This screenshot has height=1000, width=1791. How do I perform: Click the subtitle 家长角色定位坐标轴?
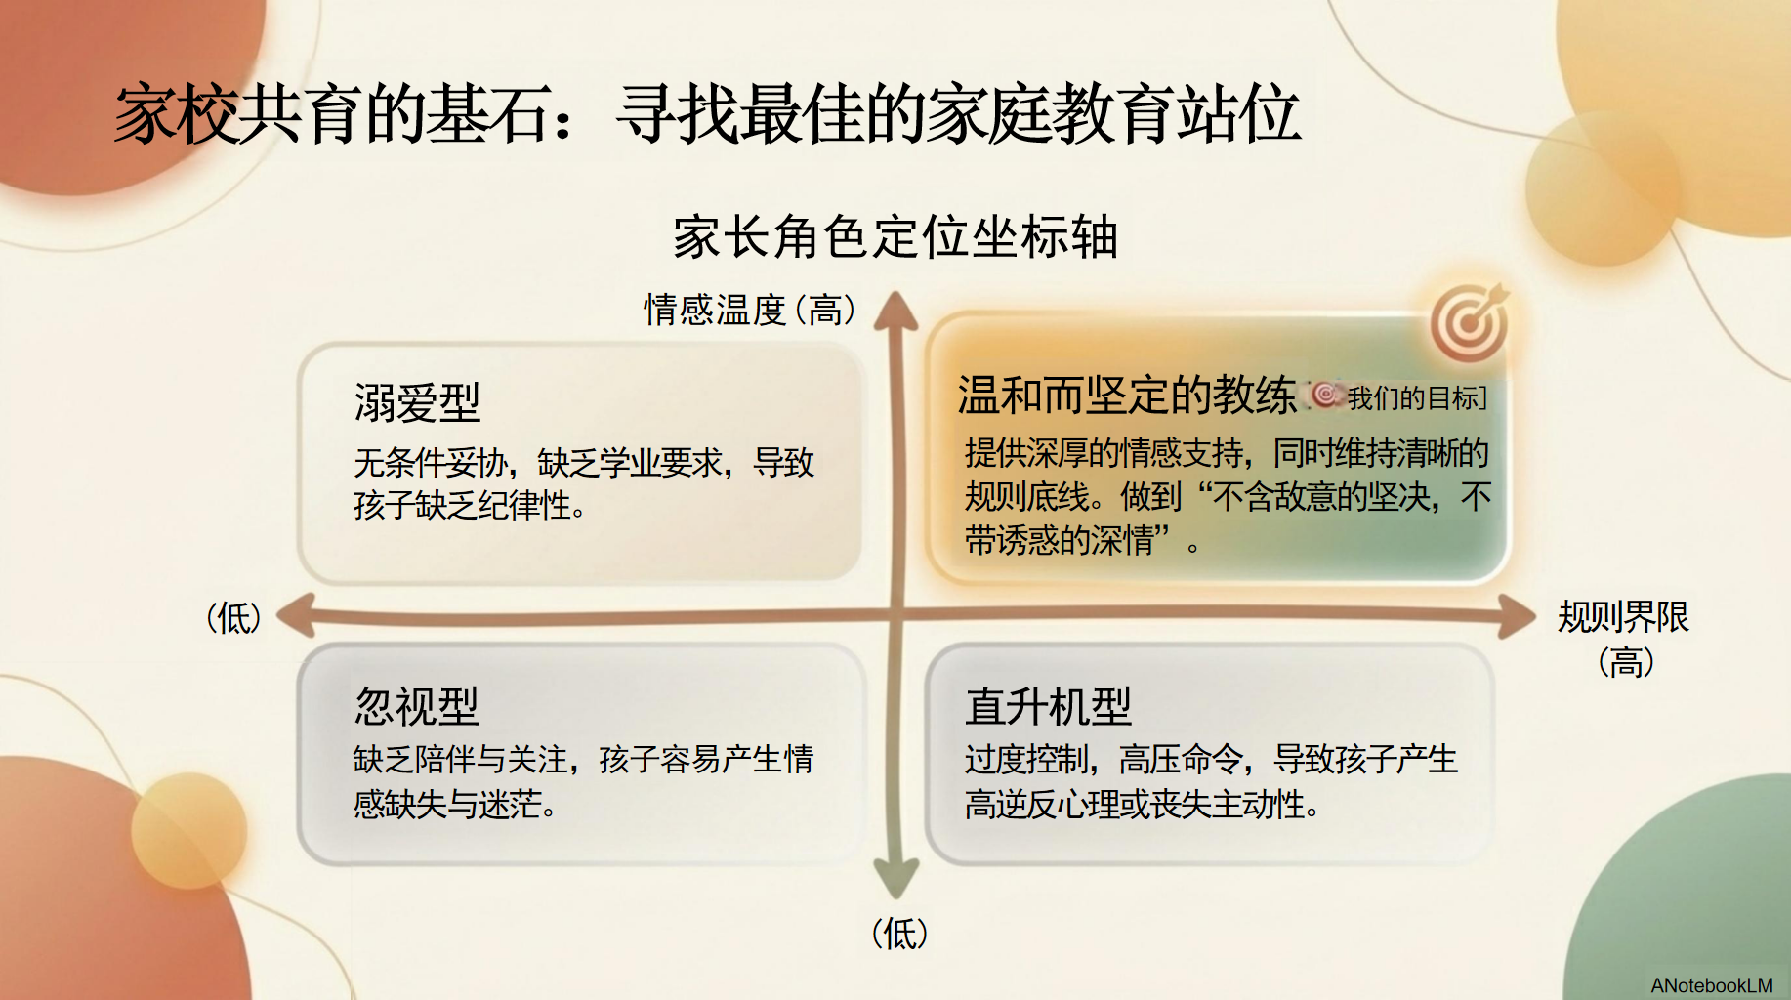(x=895, y=237)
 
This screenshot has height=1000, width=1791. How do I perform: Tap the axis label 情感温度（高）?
(x=750, y=310)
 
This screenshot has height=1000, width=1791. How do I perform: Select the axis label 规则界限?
(x=1623, y=617)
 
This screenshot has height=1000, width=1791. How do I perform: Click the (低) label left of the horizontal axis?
(x=234, y=618)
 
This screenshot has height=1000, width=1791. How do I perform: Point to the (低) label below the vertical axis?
(x=899, y=934)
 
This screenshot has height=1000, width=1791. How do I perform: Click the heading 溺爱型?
(x=417, y=402)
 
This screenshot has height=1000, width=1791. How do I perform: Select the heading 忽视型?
(x=417, y=706)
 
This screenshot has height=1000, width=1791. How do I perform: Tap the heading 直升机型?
(x=1048, y=706)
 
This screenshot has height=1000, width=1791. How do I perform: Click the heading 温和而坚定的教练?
(x=1127, y=395)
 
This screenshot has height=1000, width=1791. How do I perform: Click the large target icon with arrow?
(x=1470, y=322)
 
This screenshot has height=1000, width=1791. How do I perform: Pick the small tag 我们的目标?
(x=1399, y=397)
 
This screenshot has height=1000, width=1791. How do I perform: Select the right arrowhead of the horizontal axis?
(x=1517, y=617)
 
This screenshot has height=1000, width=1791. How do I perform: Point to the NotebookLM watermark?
(x=1712, y=985)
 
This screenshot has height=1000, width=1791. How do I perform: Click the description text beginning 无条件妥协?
(x=584, y=483)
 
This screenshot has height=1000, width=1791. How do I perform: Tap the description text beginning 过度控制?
(x=1211, y=781)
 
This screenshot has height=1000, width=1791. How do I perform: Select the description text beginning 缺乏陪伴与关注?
(x=584, y=781)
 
